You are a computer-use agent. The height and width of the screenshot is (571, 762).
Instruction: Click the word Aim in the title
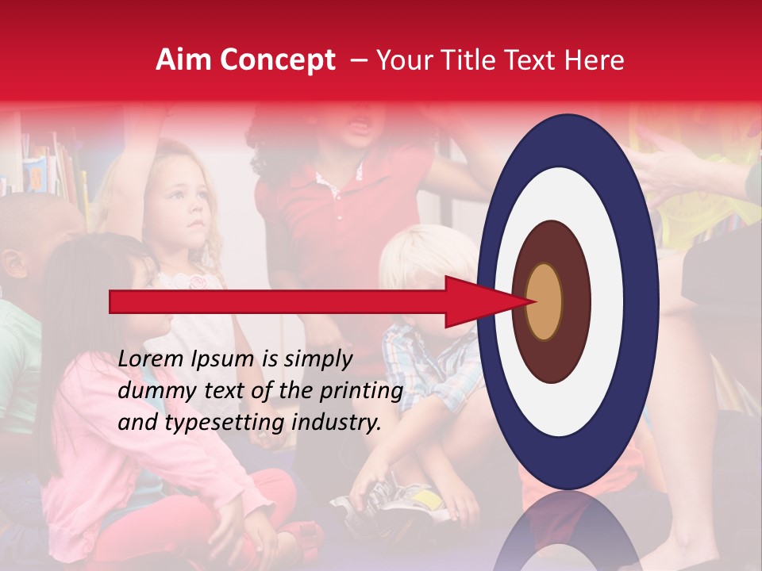click(x=183, y=60)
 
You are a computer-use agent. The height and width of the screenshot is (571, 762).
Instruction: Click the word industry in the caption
click(x=337, y=423)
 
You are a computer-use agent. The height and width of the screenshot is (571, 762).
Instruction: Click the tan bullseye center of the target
click(x=544, y=302)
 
